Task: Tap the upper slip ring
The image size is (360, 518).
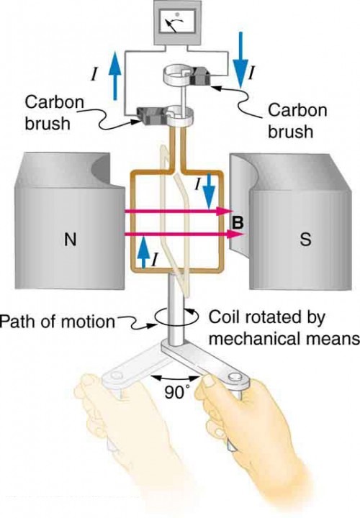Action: click(x=183, y=76)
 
